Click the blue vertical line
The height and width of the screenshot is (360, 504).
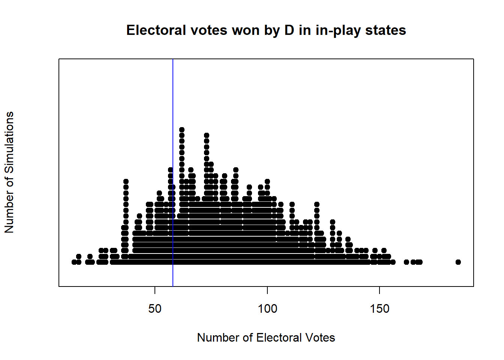173,112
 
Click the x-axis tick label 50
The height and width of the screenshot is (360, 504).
155,309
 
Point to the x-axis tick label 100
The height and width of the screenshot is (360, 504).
267,309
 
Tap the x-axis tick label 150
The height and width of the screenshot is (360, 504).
379,309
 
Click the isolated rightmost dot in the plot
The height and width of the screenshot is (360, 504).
458,262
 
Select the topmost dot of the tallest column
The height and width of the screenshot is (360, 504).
182,130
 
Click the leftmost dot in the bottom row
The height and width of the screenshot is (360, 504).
74,262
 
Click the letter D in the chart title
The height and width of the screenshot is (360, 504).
289,30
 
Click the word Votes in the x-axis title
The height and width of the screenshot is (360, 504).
320,337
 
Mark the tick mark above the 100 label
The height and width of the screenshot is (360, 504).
267,290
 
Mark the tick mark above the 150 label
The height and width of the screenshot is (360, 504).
379,290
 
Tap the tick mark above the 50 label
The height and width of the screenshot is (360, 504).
155,290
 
